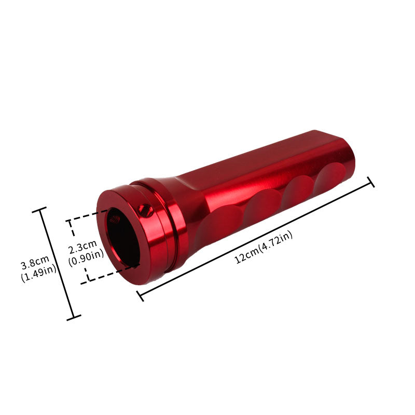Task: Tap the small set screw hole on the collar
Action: pos(142,209)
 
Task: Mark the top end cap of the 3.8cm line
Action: pos(40,209)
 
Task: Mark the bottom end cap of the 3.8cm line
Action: pos(74,317)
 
